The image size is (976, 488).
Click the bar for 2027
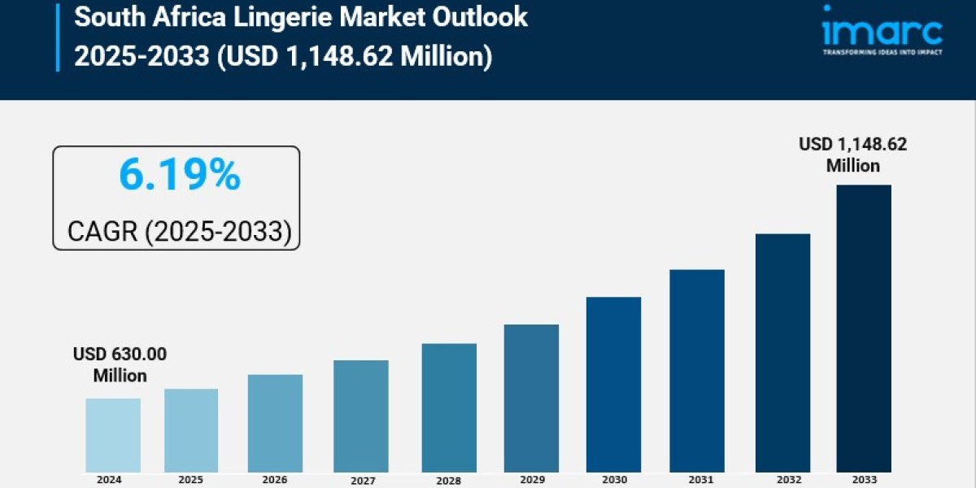360,416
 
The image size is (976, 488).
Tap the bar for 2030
613,384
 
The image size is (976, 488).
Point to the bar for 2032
782,352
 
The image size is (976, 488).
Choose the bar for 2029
531,398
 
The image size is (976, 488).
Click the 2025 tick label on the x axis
191,480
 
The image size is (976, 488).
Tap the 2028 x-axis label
449,481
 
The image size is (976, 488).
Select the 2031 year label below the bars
696,480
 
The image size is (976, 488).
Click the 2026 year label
275,480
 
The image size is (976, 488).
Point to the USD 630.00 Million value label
120,364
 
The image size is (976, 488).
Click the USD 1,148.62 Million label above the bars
852,155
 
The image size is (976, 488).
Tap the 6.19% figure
179,175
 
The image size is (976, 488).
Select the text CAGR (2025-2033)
179,231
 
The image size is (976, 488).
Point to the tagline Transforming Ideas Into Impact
882,52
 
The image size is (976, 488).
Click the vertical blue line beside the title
58,37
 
